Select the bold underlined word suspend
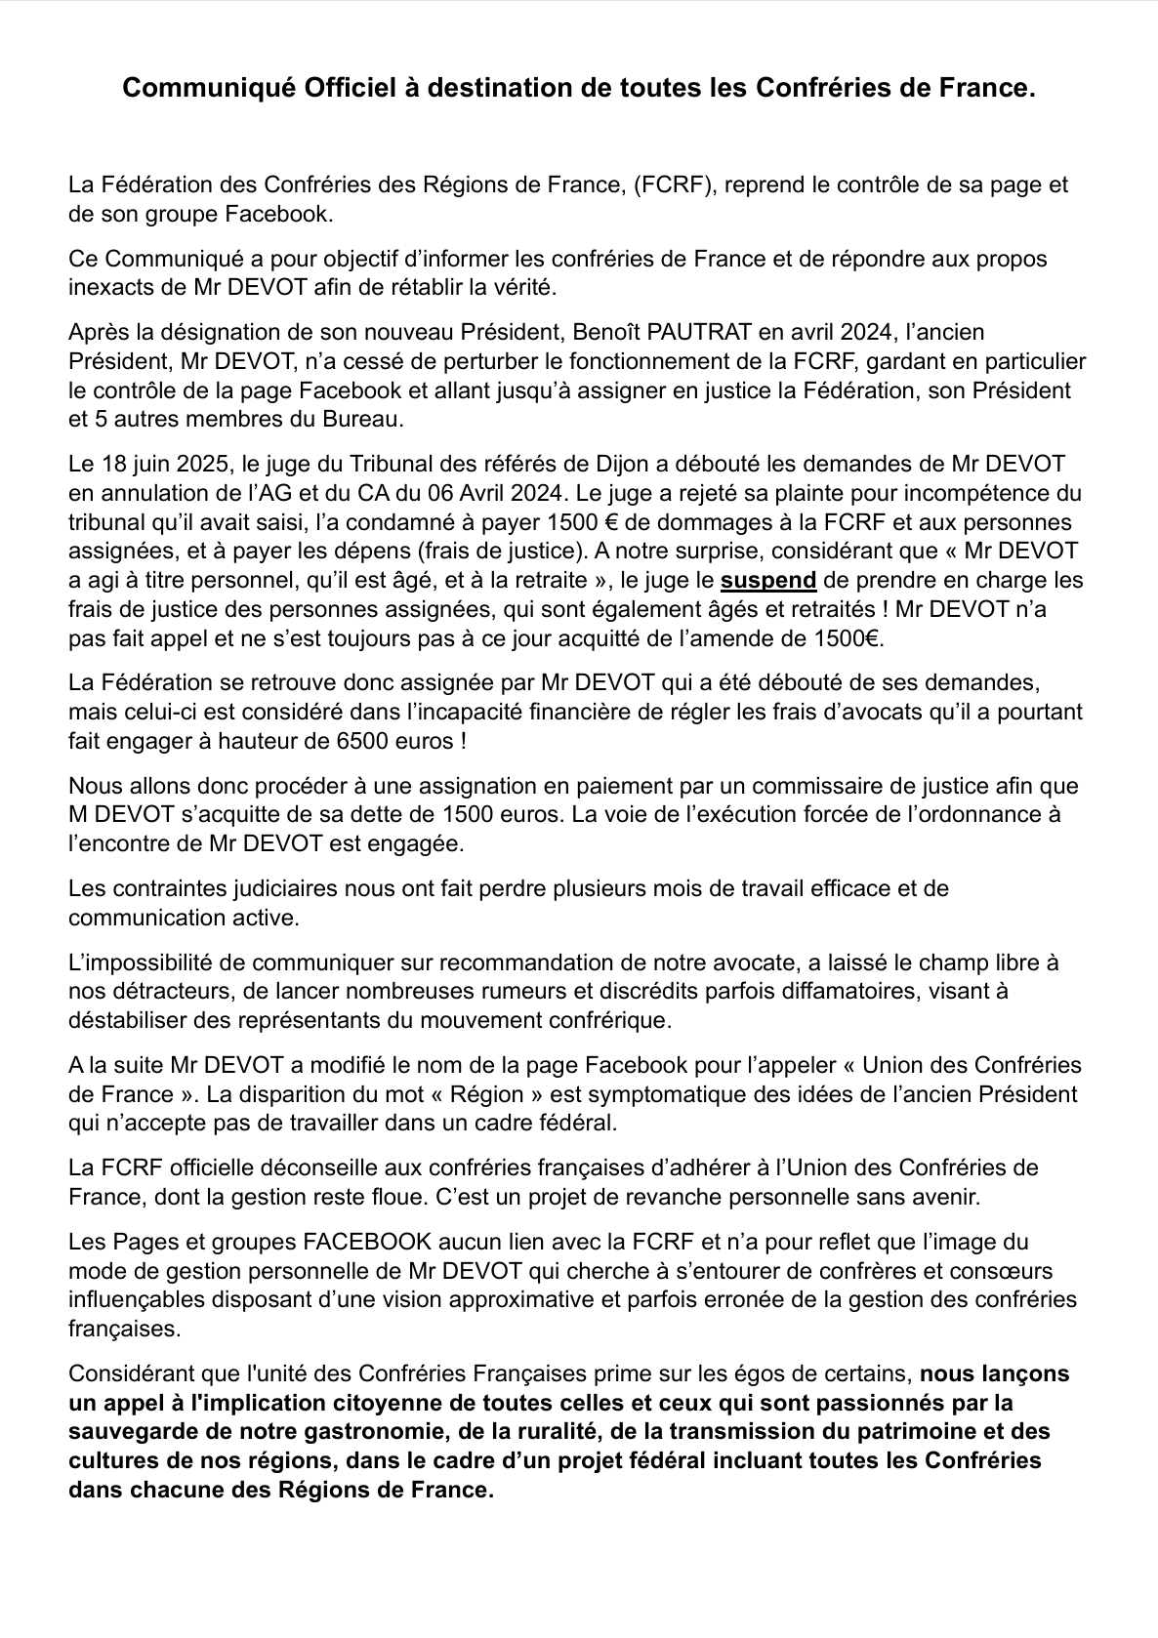point(768,580)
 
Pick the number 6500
point(310,741)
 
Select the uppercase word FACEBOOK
point(367,1243)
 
